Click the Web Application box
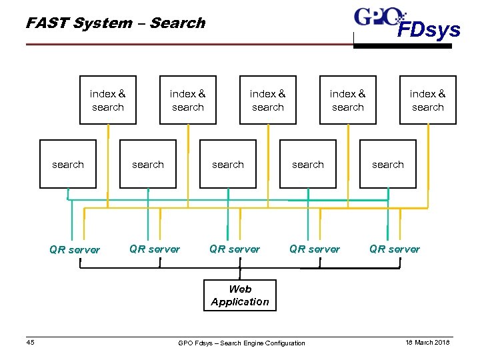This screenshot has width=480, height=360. click(x=240, y=295)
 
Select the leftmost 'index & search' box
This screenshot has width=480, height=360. click(x=108, y=100)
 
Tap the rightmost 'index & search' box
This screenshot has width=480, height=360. click(x=428, y=100)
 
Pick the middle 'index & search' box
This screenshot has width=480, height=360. click(x=268, y=100)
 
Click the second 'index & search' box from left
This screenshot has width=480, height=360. click(x=188, y=100)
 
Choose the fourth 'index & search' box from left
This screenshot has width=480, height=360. click(x=348, y=100)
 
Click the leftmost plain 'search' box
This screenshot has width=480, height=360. click(x=68, y=164)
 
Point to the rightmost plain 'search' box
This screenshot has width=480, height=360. click(x=388, y=164)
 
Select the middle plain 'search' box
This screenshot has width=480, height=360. click(x=228, y=164)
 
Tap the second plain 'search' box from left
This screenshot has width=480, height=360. click(x=148, y=164)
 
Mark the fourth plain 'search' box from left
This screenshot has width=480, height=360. click(x=308, y=164)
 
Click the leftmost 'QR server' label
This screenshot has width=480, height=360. click(x=75, y=250)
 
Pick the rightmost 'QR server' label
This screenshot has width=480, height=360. click(x=395, y=249)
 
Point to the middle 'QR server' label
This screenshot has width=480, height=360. click(x=235, y=249)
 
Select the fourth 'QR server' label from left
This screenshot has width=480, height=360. click(x=315, y=249)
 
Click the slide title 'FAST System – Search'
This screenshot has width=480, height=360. click(x=115, y=23)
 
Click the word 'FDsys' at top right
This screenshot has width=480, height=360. click(x=429, y=30)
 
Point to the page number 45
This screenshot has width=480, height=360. click(x=31, y=343)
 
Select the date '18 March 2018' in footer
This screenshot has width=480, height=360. click(x=427, y=343)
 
